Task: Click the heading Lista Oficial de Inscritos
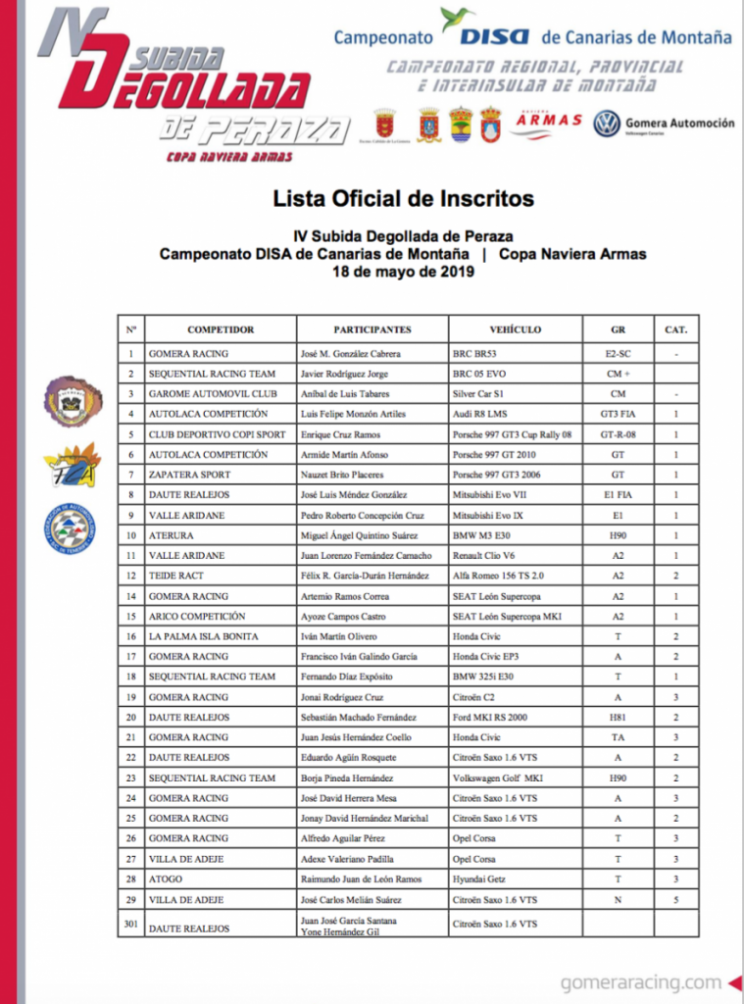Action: coord(403,199)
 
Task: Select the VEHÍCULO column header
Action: coord(515,329)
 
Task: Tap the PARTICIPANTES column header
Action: coord(372,329)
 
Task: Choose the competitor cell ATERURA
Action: coord(172,535)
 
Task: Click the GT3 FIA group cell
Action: coord(618,414)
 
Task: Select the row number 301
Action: coord(130,928)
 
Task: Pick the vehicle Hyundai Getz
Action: coord(479,878)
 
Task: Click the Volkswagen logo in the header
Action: coord(608,124)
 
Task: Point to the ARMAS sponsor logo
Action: coord(549,121)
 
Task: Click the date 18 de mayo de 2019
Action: coord(403,272)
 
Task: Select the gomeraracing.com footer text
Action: coord(641,981)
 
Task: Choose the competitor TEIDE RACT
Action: coord(176,576)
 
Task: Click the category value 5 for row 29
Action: coord(675,899)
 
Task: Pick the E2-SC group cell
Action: coord(618,353)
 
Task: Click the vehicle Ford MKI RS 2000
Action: coord(490,717)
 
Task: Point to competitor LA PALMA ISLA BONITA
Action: coord(203,636)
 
